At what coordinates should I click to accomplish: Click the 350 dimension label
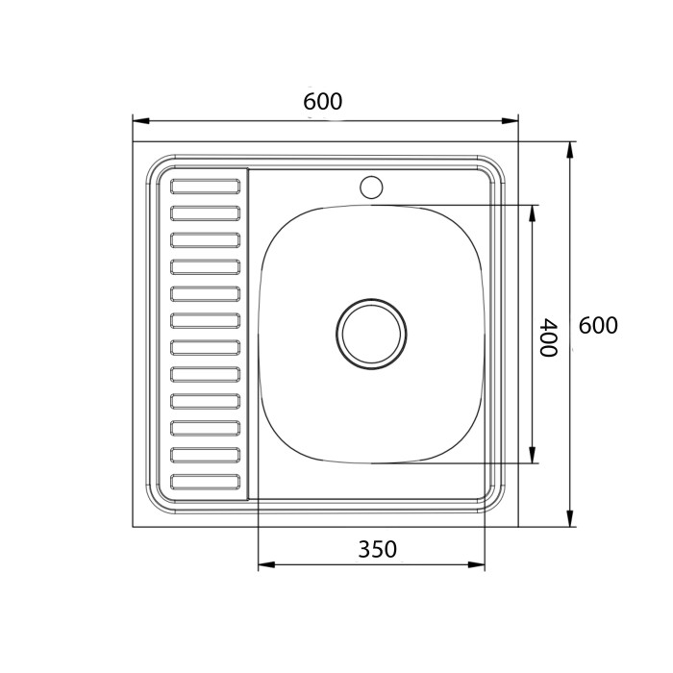tap(378, 549)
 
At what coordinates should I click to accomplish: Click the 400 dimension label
tap(549, 337)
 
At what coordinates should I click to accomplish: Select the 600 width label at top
tap(323, 102)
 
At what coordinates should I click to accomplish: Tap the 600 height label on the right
tap(598, 325)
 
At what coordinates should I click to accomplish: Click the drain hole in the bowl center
tap(371, 334)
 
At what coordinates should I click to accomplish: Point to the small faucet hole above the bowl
tap(371, 187)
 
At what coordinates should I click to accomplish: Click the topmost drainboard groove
tap(205, 187)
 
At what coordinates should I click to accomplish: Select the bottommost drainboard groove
tap(205, 482)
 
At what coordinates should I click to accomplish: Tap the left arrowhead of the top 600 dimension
tap(141, 121)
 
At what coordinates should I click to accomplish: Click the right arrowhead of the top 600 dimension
tap(510, 121)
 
